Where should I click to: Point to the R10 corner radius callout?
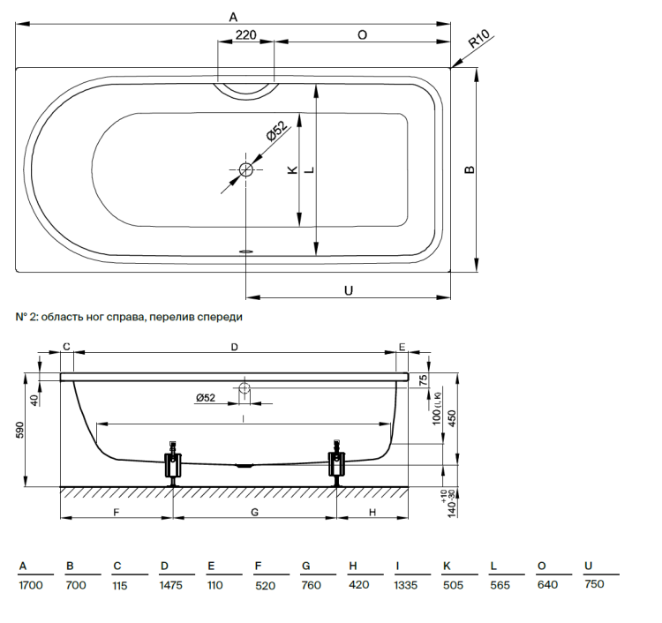[479, 41]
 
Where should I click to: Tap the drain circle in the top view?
[246, 169]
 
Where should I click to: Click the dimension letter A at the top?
[233, 16]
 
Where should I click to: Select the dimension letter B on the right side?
[470, 169]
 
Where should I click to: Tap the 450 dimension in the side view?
[452, 417]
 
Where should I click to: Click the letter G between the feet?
[254, 511]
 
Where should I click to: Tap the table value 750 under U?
[595, 585]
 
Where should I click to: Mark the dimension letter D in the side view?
[234, 348]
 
